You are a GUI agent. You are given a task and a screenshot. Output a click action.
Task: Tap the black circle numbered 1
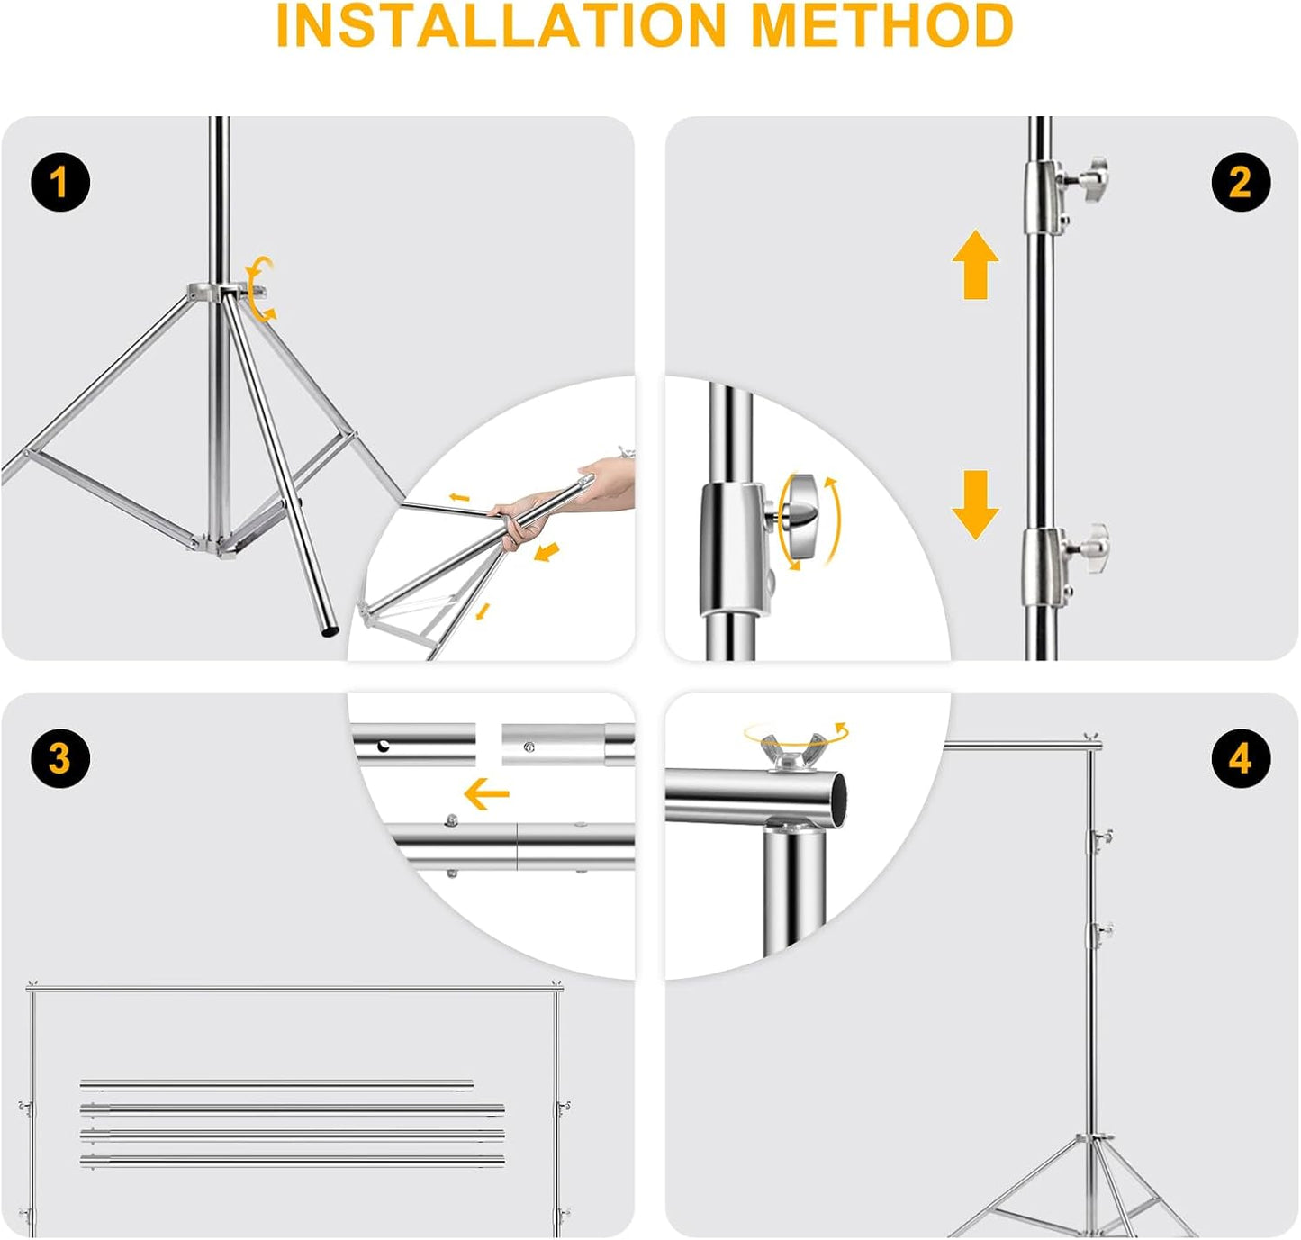pos(59,183)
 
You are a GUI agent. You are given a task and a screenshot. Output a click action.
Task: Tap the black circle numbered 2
pos(1240,183)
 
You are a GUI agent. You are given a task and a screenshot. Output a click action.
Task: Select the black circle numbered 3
pos(59,757)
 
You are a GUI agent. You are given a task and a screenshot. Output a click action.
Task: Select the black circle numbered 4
pos(1240,758)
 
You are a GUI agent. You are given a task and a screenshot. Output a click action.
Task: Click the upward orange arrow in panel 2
pos(975,265)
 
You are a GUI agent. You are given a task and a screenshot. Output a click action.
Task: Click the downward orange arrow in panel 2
pos(975,504)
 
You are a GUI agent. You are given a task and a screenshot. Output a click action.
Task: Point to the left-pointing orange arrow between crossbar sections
pos(487,794)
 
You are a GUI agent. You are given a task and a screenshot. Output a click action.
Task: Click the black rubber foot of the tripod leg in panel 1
pos(330,632)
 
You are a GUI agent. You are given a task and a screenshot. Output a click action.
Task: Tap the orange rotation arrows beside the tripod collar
pos(262,289)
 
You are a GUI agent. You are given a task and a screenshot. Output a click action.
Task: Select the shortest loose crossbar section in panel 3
pos(276,1084)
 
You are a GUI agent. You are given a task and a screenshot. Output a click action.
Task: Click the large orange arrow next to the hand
pos(547,552)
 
